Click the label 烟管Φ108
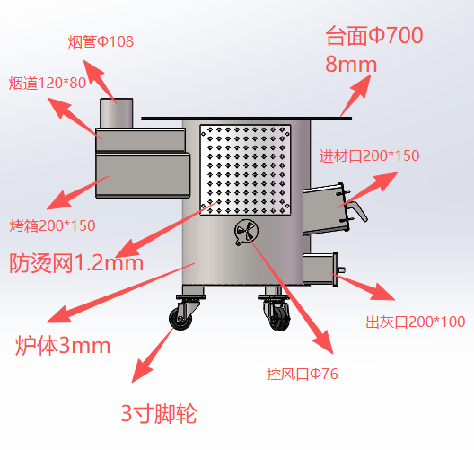(101, 41)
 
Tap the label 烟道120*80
(48, 84)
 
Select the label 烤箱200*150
(53, 225)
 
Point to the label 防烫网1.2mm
(76, 263)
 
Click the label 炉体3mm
(63, 346)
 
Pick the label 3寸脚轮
(159, 414)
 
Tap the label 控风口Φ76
(302, 374)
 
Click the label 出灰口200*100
(416, 322)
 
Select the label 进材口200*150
(369, 156)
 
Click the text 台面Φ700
(374, 36)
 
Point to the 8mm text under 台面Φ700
(351, 65)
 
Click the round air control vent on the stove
(246, 232)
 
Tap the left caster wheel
(180, 319)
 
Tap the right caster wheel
(279, 319)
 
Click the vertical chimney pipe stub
(117, 113)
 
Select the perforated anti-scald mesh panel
(245, 170)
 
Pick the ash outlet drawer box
(321, 269)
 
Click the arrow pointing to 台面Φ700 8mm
(355, 95)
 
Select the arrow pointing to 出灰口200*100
(363, 287)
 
